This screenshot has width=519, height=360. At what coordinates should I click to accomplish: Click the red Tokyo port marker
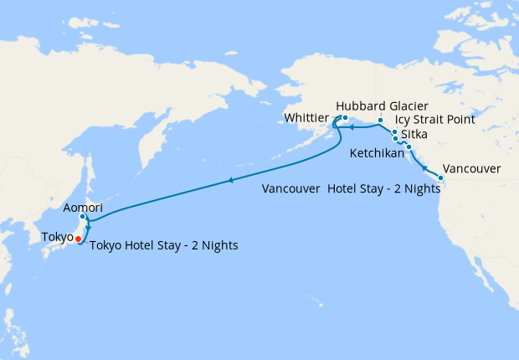click(79, 239)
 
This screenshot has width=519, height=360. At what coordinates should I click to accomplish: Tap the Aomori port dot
click(83, 218)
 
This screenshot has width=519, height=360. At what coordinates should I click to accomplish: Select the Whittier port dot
click(344, 118)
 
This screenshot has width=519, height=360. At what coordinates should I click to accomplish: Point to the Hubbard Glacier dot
click(379, 121)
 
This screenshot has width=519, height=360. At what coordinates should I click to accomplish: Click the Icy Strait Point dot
click(394, 131)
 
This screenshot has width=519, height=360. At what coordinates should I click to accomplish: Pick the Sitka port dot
click(395, 138)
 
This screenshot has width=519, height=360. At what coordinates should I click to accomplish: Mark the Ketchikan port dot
click(409, 147)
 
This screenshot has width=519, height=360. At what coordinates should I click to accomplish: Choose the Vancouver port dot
click(441, 177)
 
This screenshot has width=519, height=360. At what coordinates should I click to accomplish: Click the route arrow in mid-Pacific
click(230, 180)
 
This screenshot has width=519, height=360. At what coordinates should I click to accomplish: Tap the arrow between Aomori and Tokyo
click(87, 226)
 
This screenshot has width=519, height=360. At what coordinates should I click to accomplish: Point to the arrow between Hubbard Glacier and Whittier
click(352, 128)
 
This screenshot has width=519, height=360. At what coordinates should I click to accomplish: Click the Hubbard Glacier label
click(382, 106)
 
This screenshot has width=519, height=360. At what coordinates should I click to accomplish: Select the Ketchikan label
click(376, 153)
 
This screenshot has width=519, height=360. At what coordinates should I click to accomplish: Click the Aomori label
click(82, 206)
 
